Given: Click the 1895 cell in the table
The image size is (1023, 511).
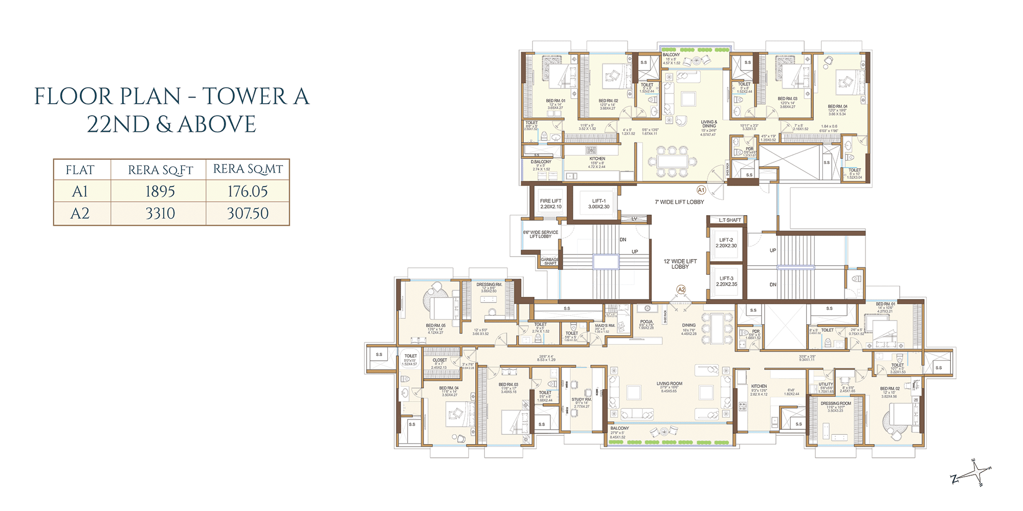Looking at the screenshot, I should click(x=160, y=192).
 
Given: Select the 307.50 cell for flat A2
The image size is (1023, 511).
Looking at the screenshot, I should click(x=248, y=213).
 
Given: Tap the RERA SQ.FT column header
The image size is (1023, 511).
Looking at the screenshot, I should click(x=160, y=170).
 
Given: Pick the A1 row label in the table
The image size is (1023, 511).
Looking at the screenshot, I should click(x=80, y=192).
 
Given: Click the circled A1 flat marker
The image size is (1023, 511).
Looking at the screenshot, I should click(x=701, y=190).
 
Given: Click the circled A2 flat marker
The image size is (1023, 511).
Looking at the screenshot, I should click(x=681, y=290).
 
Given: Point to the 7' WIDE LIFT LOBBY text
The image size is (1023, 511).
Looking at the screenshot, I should click(x=679, y=202).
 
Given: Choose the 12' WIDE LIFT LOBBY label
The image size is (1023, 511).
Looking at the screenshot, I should click(x=680, y=264).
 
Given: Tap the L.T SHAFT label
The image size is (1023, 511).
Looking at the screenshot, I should click(x=729, y=220).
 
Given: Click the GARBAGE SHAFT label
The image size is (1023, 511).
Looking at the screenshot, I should click(x=550, y=261).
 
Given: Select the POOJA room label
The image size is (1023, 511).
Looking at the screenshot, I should click(x=646, y=322).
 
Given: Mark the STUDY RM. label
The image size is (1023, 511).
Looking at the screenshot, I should click(x=581, y=400).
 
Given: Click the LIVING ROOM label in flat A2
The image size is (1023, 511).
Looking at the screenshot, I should click(x=669, y=384).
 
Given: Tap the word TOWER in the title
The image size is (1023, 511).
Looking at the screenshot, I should click(x=244, y=97).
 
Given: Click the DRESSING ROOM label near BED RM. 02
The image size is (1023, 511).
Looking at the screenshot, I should click(x=836, y=404).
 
